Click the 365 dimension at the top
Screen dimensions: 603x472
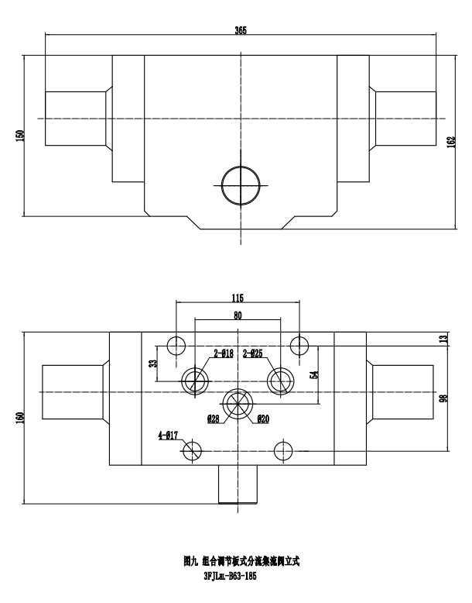[241, 29]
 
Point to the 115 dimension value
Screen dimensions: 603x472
[238, 297]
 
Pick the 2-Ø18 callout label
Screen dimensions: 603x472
[224, 354]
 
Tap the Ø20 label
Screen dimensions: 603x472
[262, 419]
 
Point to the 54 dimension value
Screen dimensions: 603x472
[313, 375]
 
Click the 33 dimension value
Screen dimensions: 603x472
[153, 362]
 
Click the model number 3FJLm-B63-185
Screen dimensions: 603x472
[235, 577]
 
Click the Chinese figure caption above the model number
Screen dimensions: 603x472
[236, 560]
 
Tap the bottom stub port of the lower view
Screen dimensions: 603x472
[238, 484]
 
